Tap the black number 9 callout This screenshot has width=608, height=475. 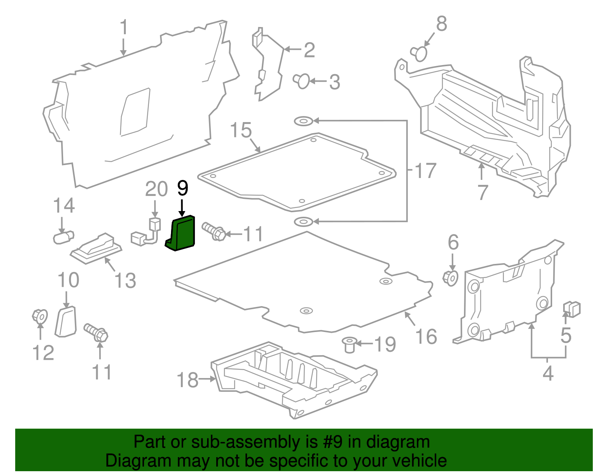[182, 188]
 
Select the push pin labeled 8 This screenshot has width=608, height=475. [419, 53]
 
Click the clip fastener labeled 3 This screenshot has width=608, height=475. [302, 81]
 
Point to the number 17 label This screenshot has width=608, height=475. [425, 171]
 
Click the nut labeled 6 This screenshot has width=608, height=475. [451, 278]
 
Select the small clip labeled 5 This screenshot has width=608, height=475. [572, 309]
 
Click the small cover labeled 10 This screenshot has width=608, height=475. [66, 322]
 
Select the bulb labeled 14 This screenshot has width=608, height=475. [63, 238]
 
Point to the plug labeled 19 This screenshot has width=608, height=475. [348, 344]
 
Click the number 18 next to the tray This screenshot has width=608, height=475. [188, 380]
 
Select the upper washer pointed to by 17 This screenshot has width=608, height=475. [303, 121]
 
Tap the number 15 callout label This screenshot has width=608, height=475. [241, 130]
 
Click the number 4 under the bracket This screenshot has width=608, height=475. [548, 374]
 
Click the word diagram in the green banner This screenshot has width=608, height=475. [406, 442]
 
